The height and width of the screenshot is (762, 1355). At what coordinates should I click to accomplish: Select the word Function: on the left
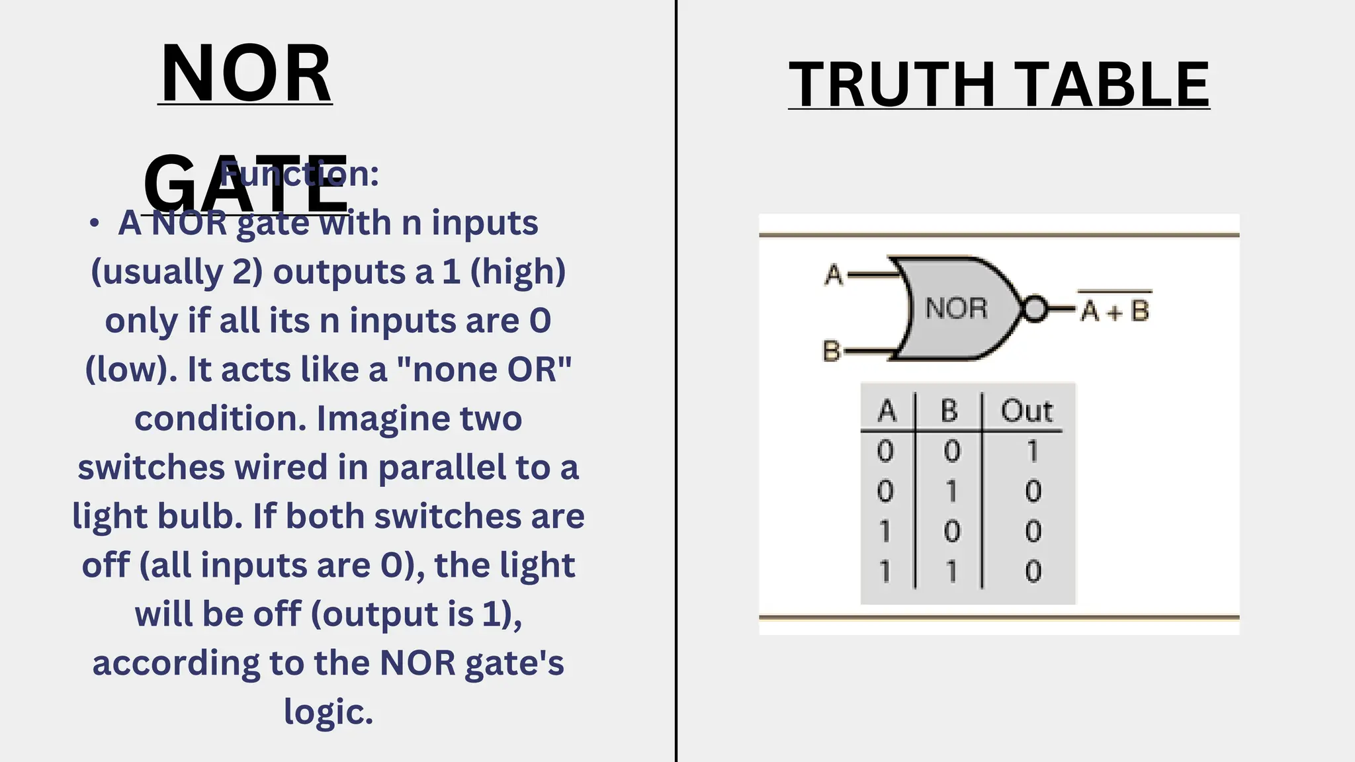click(299, 174)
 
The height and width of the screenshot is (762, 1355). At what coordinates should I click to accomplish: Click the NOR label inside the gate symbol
click(956, 308)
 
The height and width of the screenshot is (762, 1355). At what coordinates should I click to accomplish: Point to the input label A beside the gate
click(834, 275)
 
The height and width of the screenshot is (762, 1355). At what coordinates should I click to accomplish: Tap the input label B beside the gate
click(831, 351)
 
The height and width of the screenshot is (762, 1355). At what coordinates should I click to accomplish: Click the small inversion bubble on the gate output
click(1035, 309)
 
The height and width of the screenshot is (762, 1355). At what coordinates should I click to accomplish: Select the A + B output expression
click(1115, 310)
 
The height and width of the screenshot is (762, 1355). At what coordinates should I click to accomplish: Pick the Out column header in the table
click(1026, 411)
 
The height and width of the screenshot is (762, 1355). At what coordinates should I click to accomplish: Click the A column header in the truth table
click(887, 411)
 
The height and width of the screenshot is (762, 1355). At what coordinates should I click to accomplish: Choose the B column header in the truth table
click(949, 411)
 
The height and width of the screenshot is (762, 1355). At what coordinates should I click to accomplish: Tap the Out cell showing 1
click(1032, 451)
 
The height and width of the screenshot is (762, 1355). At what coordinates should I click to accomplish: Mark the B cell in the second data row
click(951, 491)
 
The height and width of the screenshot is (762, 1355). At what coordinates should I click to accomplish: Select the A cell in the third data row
click(885, 531)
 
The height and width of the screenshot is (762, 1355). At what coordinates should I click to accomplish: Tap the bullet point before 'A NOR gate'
click(95, 223)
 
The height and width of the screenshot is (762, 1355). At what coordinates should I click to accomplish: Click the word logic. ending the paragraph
click(328, 712)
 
